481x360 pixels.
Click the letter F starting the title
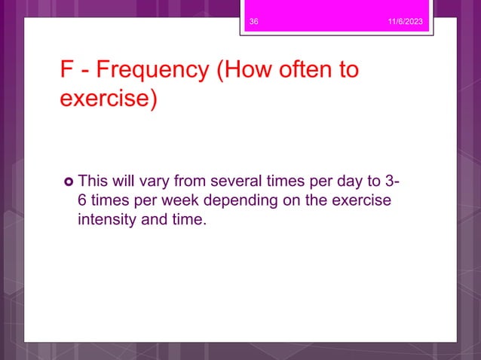pyautogui.click(x=66, y=73)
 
